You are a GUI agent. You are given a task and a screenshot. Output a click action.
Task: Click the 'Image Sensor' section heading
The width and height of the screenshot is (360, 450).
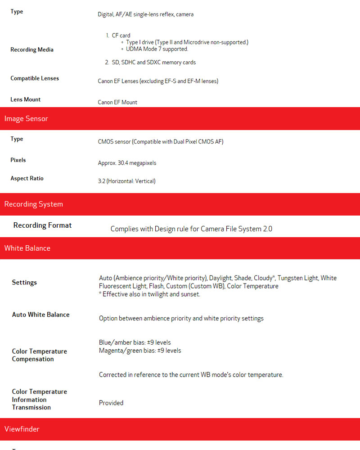(26, 119)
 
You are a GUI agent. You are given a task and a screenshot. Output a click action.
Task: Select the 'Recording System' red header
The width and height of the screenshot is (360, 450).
(34, 204)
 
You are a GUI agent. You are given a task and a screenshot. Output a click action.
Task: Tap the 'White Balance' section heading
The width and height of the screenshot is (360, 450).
(27, 248)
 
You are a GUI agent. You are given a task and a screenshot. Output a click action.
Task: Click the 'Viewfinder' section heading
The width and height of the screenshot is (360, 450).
(22, 429)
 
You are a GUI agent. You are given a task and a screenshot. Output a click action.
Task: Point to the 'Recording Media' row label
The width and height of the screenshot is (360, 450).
(32, 49)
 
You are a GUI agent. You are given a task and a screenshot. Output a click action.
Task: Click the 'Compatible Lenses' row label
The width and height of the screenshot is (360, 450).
(35, 78)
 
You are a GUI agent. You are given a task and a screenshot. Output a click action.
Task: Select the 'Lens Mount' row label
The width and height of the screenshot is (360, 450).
(26, 99)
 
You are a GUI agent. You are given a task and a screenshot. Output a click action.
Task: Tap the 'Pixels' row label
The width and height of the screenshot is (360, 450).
(18, 160)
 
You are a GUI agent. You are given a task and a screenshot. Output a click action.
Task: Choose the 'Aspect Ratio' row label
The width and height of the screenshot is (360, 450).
(27, 179)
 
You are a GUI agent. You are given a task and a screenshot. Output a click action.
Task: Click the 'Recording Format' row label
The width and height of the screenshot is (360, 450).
(43, 225)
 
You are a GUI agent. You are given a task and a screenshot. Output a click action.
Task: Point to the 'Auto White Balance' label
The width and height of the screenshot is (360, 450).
(41, 315)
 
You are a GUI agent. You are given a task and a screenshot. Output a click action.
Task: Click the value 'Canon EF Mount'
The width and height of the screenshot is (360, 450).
(117, 103)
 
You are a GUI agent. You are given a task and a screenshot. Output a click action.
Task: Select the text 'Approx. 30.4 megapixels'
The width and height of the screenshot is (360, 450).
(127, 163)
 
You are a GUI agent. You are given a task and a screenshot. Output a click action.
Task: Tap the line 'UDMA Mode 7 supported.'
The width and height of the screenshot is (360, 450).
(157, 49)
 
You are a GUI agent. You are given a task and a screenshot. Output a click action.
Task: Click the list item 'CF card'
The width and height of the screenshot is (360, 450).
(121, 36)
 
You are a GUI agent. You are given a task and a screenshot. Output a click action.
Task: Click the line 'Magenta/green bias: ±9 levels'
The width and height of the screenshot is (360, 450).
(140, 351)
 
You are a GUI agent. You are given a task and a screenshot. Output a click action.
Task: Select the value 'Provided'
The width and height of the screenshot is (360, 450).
(111, 403)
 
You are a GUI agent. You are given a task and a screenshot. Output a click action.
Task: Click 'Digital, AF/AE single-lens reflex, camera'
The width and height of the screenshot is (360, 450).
(146, 14)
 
